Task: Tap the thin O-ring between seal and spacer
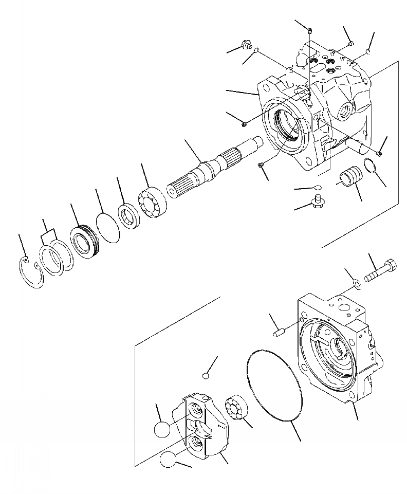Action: (109, 226)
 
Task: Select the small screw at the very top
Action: (310, 32)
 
